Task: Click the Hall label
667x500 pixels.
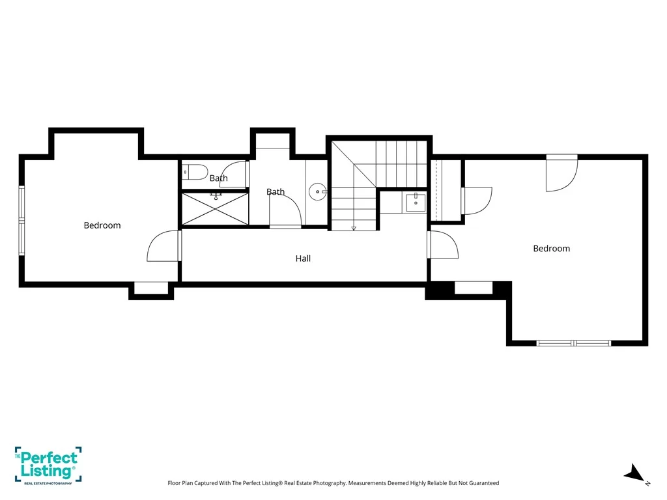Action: (x=303, y=258)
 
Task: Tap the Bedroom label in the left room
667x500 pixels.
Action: (x=102, y=225)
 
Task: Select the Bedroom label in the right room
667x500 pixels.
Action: (x=551, y=248)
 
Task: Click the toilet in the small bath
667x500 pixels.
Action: (x=195, y=172)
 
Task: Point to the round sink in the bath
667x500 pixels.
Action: (x=317, y=192)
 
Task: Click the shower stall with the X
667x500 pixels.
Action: (x=215, y=209)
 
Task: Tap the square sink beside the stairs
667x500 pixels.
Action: (x=416, y=202)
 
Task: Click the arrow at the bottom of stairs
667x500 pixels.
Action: (x=354, y=229)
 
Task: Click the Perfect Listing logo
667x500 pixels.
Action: (x=48, y=465)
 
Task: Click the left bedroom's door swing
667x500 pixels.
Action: (x=163, y=245)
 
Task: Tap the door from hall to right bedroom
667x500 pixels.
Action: (x=443, y=245)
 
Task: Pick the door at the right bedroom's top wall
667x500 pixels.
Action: (x=562, y=173)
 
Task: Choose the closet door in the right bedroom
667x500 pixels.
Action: (x=476, y=201)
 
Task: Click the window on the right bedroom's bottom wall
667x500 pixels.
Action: (x=573, y=343)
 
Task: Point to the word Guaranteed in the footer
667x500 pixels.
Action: (x=483, y=483)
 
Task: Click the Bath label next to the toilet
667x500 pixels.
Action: (x=219, y=178)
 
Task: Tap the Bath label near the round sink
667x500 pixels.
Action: (x=276, y=192)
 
